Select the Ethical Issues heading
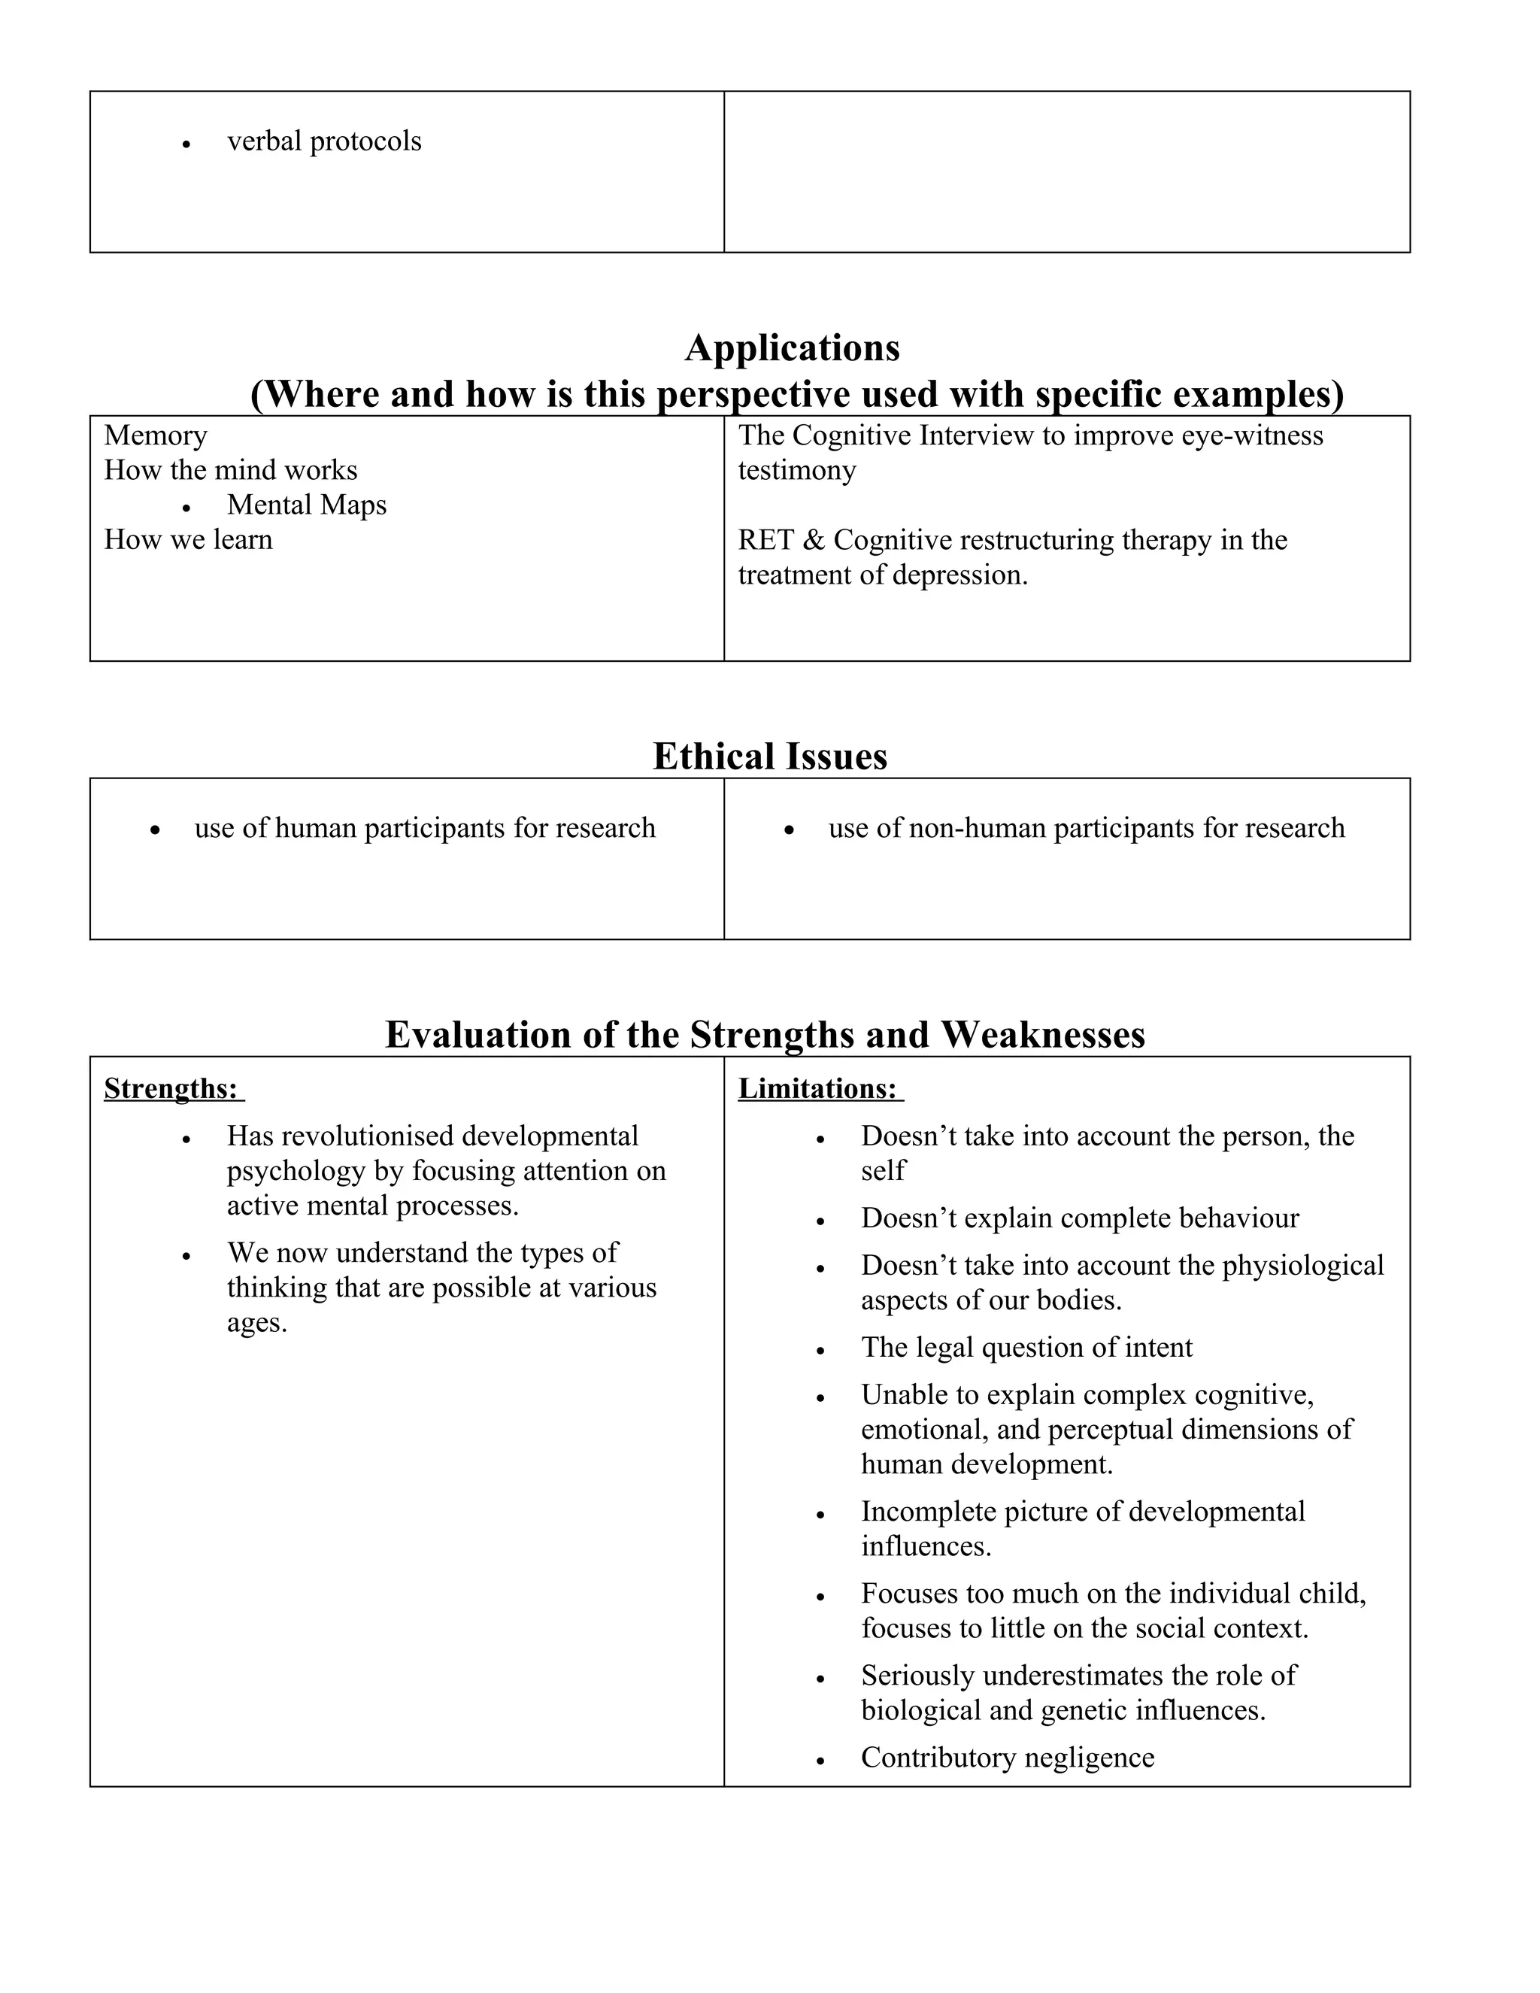coord(769,757)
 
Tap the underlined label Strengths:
coord(171,1089)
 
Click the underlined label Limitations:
coord(817,1089)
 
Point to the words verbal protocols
coord(324,141)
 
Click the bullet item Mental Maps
coord(307,505)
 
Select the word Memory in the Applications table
coord(155,435)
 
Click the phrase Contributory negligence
coord(1007,1758)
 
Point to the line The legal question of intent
coord(1026,1348)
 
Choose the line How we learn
coord(188,539)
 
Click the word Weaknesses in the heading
coord(1042,1035)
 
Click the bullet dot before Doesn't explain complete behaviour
coord(820,1221)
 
